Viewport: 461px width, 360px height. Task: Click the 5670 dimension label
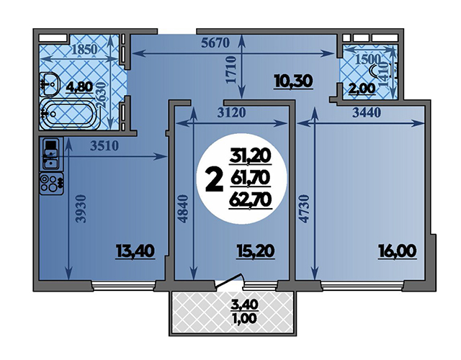click(x=215, y=43)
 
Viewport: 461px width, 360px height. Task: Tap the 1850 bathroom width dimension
click(x=84, y=50)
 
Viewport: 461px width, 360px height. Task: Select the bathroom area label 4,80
click(x=79, y=86)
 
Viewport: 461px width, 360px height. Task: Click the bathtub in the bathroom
click(x=68, y=114)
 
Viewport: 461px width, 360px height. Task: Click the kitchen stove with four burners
click(x=52, y=184)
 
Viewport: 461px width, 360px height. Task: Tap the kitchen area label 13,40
click(x=135, y=251)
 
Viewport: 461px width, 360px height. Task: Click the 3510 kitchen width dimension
click(x=104, y=145)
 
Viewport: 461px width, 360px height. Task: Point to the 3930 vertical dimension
click(x=81, y=208)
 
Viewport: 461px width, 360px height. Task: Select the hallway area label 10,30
click(x=293, y=81)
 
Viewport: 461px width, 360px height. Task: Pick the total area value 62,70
click(x=250, y=201)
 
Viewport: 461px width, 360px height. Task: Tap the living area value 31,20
click(x=251, y=157)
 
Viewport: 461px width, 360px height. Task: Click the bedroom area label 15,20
click(x=256, y=251)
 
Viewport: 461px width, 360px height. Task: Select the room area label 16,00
click(x=397, y=251)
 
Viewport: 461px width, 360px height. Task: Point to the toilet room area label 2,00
click(x=362, y=89)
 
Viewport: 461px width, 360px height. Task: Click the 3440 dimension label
click(x=367, y=112)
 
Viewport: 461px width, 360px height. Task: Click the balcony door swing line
click(x=229, y=280)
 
